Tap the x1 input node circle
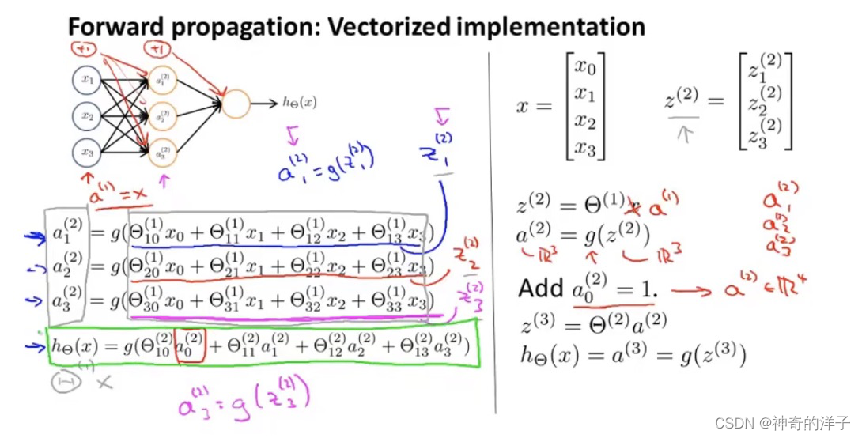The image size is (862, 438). click(x=86, y=80)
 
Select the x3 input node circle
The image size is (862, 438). click(x=86, y=150)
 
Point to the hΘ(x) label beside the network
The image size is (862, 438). click(x=300, y=102)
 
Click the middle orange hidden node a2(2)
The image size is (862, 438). click(x=161, y=116)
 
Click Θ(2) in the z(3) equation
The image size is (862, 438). click(x=610, y=323)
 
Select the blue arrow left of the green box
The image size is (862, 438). click(x=32, y=345)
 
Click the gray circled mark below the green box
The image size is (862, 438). click(x=63, y=383)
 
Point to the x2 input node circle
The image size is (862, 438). click(x=86, y=116)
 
